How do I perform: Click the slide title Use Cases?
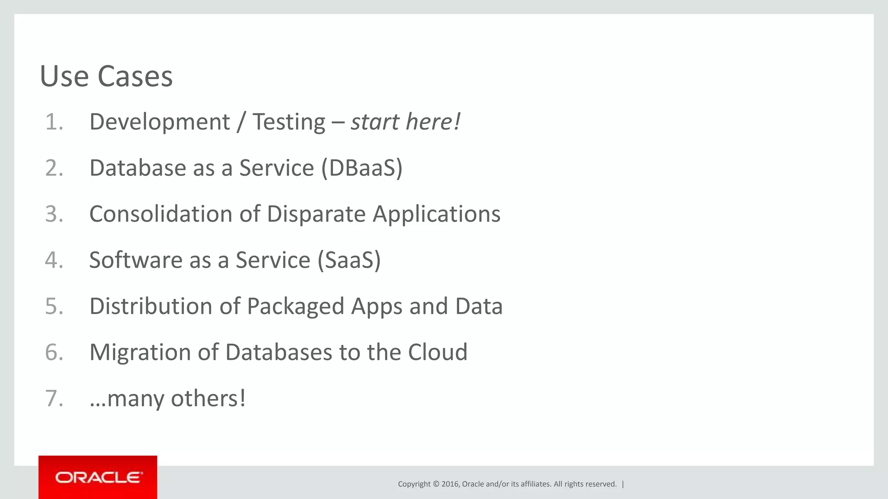(x=106, y=76)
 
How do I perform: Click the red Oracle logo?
(x=98, y=477)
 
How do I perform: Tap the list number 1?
(x=54, y=122)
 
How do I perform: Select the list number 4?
(x=54, y=260)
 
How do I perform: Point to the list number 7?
(x=54, y=398)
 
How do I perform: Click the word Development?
(x=160, y=122)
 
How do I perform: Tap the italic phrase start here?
(x=405, y=122)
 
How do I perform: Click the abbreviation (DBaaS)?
(x=362, y=168)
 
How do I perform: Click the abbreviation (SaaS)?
(x=349, y=260)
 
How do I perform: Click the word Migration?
(x=140, y=352)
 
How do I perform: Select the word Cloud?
(x=437, y=352)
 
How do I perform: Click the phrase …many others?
(x=167, y=398)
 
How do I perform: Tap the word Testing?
(x=289, y=122)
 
